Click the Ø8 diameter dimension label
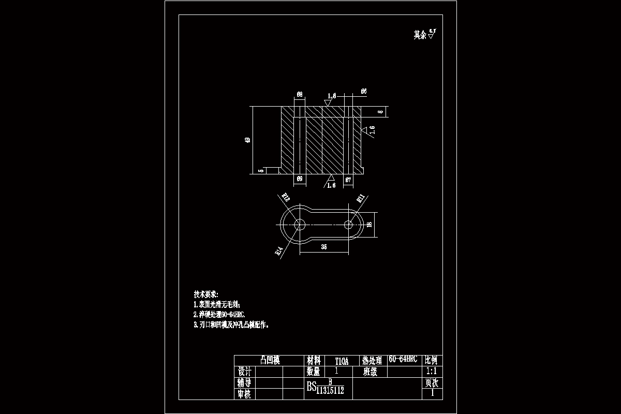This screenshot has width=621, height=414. click(x=300, y=94)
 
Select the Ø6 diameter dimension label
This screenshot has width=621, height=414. click(x=364, y=91)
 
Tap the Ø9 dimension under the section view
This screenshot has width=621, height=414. click(x=299, y=179)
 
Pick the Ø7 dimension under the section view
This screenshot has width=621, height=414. click(x=349, y=180)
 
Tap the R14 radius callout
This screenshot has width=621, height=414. click(x=278, y=252)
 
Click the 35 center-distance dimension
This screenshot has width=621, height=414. click(x=324, y=247)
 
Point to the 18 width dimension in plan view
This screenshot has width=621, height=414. click(x=369, y=224)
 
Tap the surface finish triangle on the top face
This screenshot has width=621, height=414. click(x=327, y=102)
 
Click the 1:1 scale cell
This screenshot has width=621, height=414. click(x=431, y=372)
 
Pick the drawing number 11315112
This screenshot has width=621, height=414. click(x=330, y=390)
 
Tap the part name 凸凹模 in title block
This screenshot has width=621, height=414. click(x=269, y=360)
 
